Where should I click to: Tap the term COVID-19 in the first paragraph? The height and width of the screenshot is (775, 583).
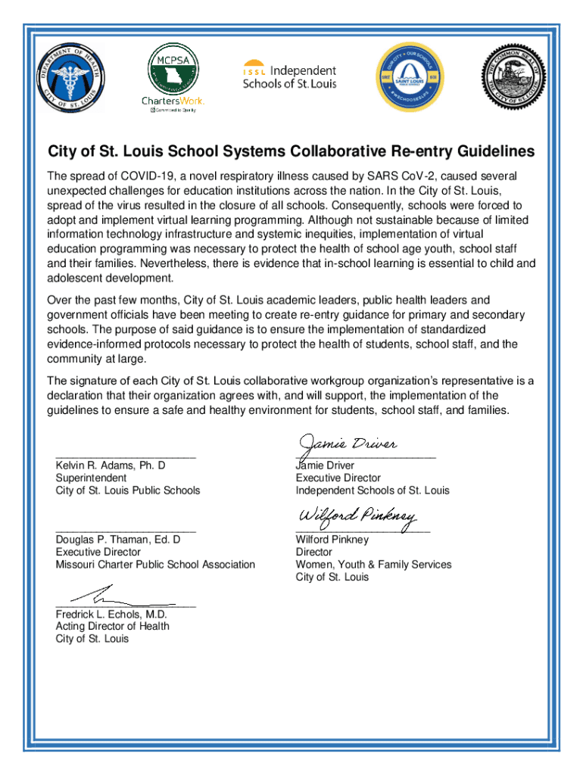[142, 176]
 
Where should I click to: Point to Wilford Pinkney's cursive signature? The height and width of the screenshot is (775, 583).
[357, 517]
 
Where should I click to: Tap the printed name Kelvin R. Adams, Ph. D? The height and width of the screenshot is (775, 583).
[111, 465]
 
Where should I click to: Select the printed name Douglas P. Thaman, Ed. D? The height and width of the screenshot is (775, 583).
[117, 540]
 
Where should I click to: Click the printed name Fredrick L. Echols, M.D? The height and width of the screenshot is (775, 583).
[111, 615]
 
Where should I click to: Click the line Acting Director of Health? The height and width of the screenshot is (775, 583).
[112, 627]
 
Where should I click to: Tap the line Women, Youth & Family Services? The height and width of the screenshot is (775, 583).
[373, 565]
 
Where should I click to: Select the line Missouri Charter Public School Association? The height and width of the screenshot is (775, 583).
[155, 565]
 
